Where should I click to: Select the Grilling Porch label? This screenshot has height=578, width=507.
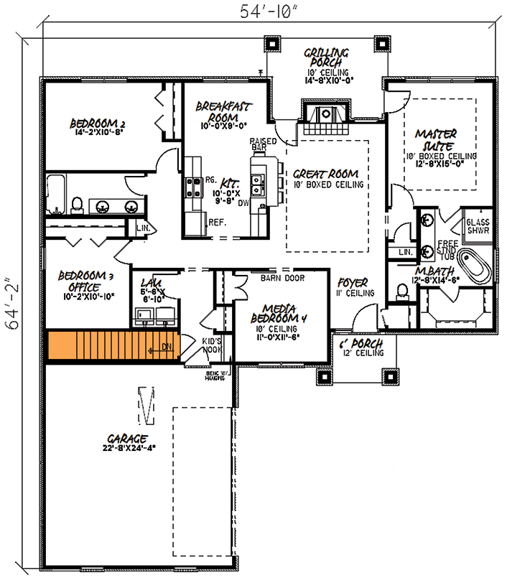[326, 58]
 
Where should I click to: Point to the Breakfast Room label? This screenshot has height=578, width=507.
[223, 111]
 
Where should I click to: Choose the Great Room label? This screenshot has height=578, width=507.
[325, 174]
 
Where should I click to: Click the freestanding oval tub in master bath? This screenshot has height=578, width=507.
[475, 268]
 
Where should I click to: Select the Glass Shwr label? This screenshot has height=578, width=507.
[478, 225]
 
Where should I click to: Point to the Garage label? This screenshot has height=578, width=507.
[128, 438]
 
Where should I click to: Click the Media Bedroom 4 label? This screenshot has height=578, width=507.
[280, 311]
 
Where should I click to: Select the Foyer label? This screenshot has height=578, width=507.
[353, 283]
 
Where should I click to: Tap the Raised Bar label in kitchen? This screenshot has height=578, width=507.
[258, 145]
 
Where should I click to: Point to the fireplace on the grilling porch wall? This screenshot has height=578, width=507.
[325, 114]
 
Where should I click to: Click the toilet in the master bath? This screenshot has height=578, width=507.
[402, 291]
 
